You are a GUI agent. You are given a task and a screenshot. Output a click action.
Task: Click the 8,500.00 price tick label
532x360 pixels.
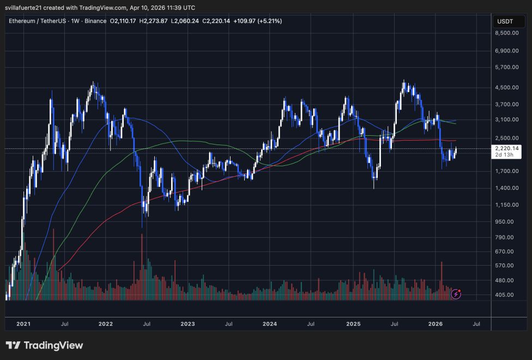[506, 33]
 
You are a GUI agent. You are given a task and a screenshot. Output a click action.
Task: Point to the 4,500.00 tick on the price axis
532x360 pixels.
[506, 87]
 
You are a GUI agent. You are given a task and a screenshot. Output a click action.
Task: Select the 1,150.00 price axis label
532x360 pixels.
[506, 205]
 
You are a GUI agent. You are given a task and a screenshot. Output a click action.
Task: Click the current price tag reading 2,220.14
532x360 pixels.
[506, 148]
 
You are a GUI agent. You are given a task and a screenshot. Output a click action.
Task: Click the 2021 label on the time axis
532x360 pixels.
[23, 324]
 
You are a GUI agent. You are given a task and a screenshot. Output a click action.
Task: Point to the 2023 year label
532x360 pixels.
[188, 324]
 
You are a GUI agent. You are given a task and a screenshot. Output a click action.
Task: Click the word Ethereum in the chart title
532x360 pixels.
[25, 21]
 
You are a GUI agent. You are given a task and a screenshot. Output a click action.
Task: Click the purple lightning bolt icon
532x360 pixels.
[456, 295]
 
